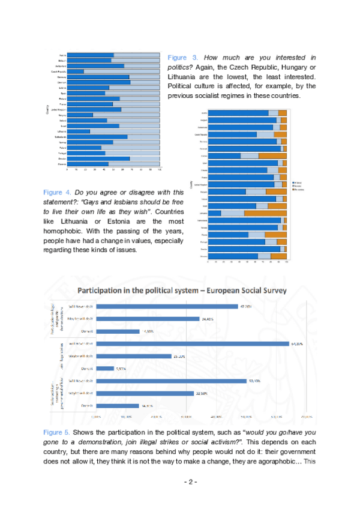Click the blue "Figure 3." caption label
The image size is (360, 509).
pos(180,58)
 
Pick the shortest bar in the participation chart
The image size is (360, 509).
pos(105,369)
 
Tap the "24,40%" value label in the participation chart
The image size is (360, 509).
pos(208,319)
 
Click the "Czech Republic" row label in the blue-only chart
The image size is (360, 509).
pos(59,71)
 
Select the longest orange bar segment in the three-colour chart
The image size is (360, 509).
pos(265,213)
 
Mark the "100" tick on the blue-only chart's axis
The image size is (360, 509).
pos(160,170)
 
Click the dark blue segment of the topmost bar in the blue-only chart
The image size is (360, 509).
pos(90,55)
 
